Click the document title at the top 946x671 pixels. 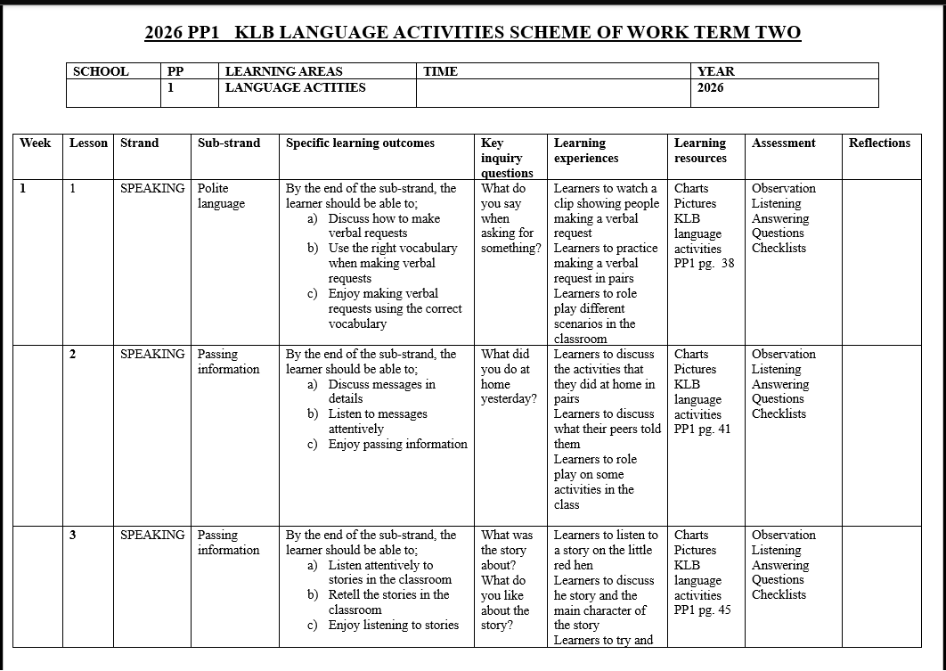click(472, 33)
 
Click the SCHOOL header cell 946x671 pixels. click(101, 71)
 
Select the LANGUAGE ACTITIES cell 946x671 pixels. click(295, 87)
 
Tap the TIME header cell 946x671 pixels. click(440, 71)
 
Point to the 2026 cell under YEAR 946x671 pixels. click(710, 87)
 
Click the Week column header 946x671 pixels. click(36, 143)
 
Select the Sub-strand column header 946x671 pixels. click(229, 143)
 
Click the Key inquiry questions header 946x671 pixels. click(507, 158)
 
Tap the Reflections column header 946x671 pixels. click(879, 143)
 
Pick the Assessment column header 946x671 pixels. click(783, 143)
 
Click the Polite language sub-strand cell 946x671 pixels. click(221, 196)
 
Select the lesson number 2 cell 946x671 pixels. click(73, 354)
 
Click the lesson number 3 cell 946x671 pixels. click(73, 535)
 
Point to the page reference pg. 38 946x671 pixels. click(716, 263)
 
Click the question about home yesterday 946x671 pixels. click(508, 384)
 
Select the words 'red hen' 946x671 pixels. click(574, 565)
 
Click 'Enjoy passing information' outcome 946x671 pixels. click(397, 444)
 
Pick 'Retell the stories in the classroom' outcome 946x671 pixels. click(388, 602)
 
